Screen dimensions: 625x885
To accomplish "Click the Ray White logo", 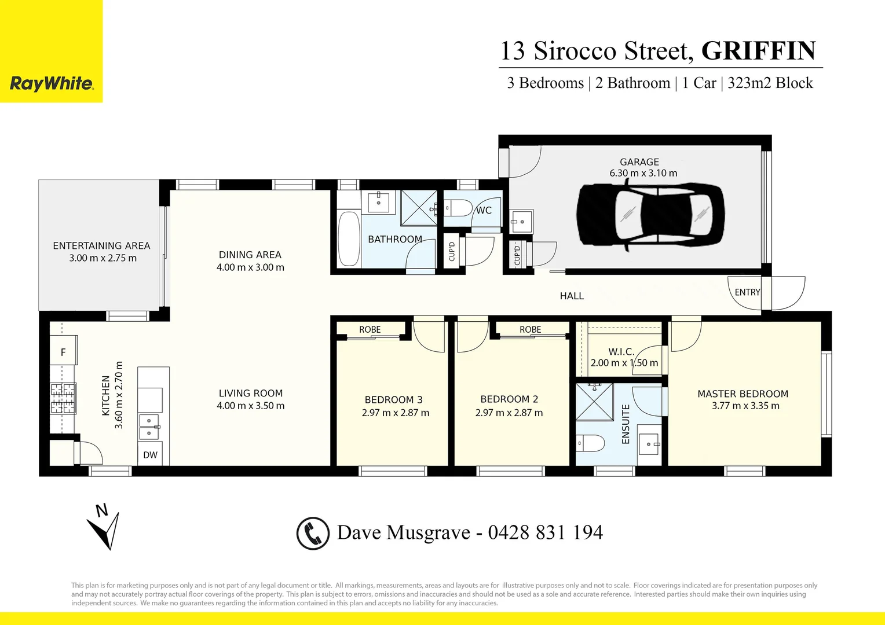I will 52,84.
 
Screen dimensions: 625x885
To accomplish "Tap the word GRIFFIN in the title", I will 759,51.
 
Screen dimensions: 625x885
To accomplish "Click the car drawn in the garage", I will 650,214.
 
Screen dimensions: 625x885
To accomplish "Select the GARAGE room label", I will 639,162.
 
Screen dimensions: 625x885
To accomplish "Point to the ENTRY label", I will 747,292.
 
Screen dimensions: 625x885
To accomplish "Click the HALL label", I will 572,296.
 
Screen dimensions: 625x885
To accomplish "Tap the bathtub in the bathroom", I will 349,238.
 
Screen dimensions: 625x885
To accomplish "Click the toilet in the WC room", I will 459,208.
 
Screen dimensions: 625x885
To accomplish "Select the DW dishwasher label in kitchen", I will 151,455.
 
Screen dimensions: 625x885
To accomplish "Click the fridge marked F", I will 64,351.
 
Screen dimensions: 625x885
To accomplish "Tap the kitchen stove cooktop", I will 63,398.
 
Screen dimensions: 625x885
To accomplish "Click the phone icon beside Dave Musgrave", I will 313,533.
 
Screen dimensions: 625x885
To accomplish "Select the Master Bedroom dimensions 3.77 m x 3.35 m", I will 745,406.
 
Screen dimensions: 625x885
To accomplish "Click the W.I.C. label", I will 621,351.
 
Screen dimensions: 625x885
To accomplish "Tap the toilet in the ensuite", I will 590,443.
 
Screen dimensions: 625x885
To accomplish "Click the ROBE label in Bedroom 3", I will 370,329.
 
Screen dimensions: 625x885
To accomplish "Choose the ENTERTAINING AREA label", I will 101,245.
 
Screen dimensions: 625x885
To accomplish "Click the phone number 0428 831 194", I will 545,532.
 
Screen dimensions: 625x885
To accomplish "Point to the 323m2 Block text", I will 770,83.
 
